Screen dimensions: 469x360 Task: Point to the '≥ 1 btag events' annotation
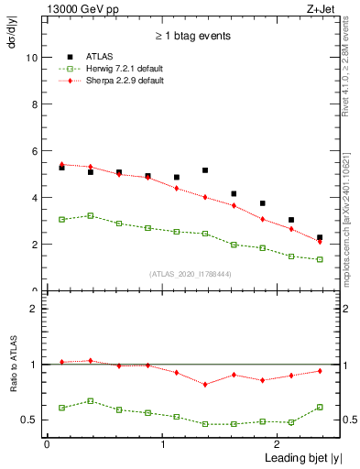[x=192, y=36]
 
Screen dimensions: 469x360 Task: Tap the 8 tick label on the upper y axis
[x=34, y=104]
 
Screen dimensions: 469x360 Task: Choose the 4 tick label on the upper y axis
[x=34, y=197]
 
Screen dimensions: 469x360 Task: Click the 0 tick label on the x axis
[x=46, y=444]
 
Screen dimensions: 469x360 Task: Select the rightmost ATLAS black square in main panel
[x=320, y=237]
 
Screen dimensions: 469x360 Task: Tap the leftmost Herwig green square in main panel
[x=61, y=219]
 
